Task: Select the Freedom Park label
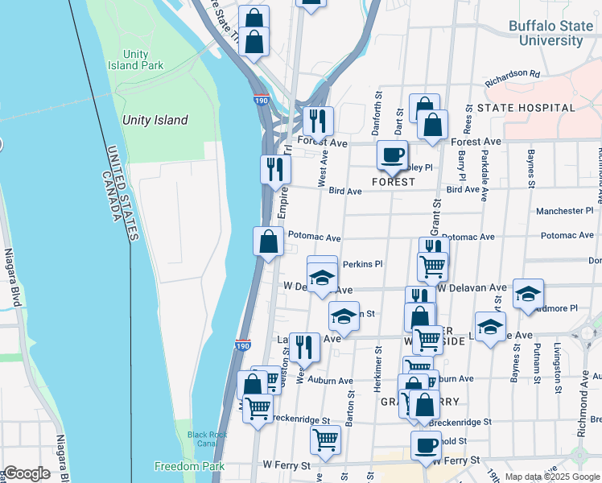tap(178, 466)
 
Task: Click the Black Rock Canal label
tap(208, 439)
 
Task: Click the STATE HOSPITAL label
tap(526, 107)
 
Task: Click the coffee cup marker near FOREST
tap(392, 155)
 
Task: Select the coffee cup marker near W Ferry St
tap(426, 444)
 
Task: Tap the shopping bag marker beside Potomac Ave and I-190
tap(268, 241)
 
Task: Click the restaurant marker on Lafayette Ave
tap(303, 347)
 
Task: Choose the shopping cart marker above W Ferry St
tap(325, 439)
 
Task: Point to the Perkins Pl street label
tap(362, 264)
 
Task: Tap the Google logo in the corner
tap(27, 473)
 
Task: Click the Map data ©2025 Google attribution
tap(551, 477)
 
